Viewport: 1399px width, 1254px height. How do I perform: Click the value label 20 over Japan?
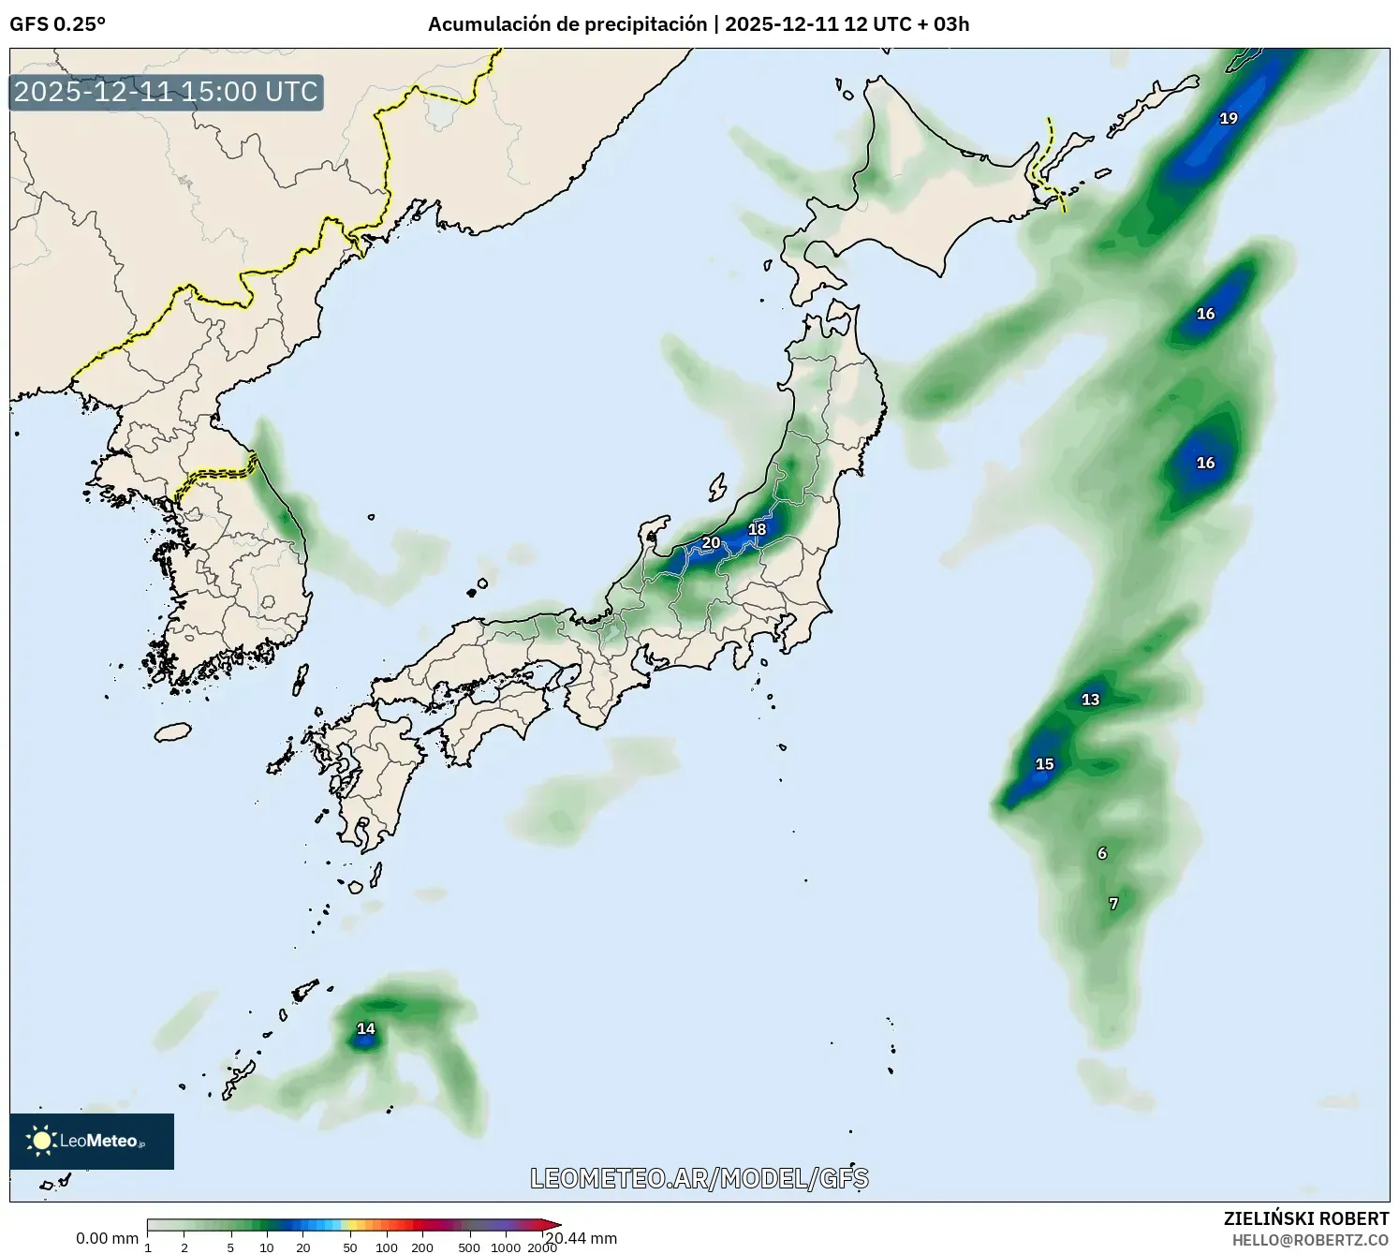click(711, 543)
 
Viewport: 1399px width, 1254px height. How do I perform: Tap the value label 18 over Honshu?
click(757, 530)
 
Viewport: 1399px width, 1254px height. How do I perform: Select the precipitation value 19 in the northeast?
click(1229, 118)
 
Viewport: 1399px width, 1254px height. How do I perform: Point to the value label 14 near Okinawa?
click(365, 1029)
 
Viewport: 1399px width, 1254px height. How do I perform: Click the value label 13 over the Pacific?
click(1090, 700)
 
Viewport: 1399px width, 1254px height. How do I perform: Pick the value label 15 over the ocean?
click(1044, 764)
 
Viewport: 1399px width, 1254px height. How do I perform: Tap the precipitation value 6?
click(1102, 853)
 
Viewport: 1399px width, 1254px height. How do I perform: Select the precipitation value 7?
click(1113, 904)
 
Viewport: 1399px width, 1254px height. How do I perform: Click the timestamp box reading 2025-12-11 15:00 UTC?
click(167, 93)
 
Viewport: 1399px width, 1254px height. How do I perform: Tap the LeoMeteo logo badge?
click(92, 1141)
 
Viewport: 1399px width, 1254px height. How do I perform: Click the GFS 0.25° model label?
click(57, 24)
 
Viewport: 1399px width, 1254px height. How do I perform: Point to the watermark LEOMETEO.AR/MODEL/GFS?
click(699, 1178)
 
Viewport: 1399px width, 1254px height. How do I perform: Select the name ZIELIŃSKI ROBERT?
click(1306, 1218)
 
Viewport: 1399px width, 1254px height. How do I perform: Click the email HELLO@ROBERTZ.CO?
click(1310, 1239)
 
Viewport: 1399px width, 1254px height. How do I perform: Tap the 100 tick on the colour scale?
click(386, 1247)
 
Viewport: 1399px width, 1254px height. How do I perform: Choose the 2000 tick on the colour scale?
click(541, 1247)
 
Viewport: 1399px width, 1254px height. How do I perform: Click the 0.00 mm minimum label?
click(107, 1239)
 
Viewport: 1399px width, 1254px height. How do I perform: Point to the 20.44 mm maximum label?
click(582, 1238)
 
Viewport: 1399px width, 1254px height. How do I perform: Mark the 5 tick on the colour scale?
click(230, 1247)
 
